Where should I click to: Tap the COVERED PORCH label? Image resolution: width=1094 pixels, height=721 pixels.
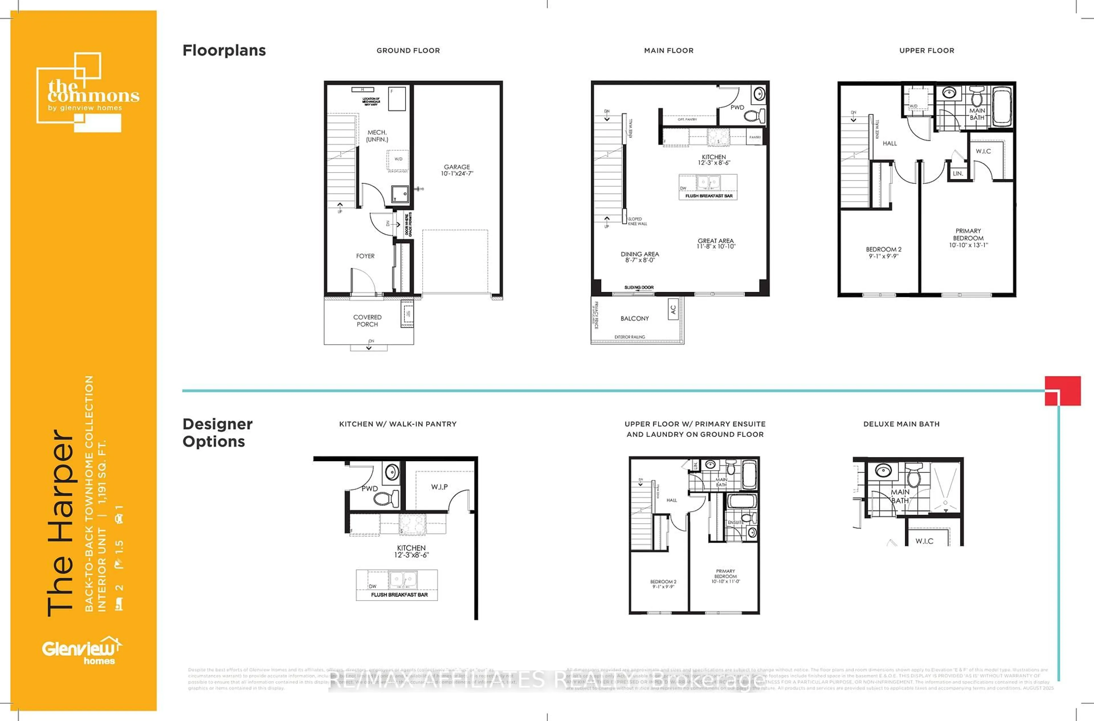pos(367,321)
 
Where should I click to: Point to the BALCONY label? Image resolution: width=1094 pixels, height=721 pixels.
pos(634,318)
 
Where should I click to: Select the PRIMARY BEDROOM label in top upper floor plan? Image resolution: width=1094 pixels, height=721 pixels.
pos(968,235)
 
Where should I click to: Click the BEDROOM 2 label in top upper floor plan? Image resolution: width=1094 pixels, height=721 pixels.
pos(883,250)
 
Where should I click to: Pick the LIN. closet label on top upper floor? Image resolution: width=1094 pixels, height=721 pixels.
pos(958,173)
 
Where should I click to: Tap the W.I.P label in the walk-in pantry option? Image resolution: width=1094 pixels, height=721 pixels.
pos(439,486)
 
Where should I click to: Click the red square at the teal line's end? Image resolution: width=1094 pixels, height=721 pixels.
pos(1062,391)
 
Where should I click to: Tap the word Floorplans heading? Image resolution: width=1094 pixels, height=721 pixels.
pos(224,50)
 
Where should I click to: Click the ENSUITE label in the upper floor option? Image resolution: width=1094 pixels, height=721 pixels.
pos(736,522)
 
